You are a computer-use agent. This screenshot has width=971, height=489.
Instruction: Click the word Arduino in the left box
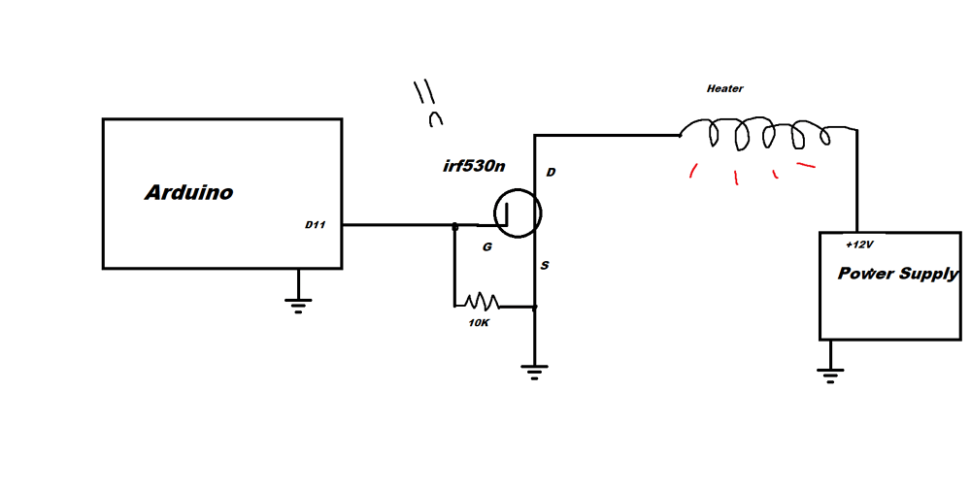click(x=188, y=193)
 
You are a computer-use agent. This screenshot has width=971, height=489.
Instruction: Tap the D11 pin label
click(x=315, y=225)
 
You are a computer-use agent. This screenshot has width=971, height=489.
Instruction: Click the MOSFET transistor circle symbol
click(x=517, y=213)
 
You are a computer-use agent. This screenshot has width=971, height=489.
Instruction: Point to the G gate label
click(x=487, y=247)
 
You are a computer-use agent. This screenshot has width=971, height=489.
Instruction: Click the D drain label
click(x=551, y=173)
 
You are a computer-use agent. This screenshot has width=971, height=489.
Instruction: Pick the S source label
click(x=544, y=265)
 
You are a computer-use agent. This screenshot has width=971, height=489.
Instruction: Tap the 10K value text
click(x=478, y=322)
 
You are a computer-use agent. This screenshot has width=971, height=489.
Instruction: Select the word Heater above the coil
click(x=724, y=89)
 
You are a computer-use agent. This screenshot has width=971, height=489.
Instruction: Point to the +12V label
click(x=860, y=245)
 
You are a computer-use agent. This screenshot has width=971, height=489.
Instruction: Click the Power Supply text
click(x=897, y=275)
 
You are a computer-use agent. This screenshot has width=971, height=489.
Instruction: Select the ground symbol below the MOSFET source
click(x=535, y=371)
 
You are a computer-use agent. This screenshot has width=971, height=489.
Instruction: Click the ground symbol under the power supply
click(x=828, y=375)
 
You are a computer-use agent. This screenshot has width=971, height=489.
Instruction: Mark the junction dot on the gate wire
click(x=454, y=225)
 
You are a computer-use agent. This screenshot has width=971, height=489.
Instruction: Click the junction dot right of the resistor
click(x=535, y=307)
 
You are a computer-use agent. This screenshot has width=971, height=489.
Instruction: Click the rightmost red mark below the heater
click(x=806, y=165)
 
